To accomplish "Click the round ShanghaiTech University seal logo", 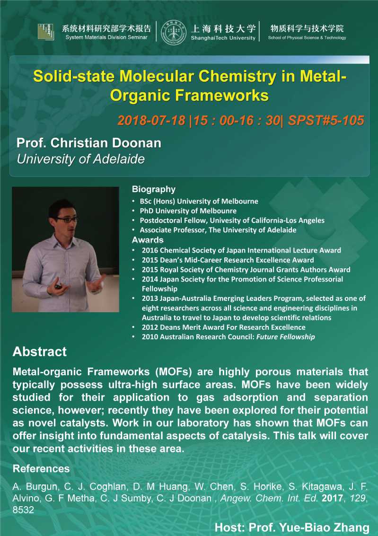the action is (174, 32).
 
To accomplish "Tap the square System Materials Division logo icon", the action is (46, 32).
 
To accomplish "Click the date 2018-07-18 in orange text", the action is (151, 120).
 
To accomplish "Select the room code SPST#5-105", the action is (326, 120).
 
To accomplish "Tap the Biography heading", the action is (154, 189).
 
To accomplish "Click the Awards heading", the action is (148, 240).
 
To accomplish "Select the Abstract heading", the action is (40, 351).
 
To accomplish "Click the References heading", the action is (41, 468).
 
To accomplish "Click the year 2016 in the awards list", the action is (150, 250).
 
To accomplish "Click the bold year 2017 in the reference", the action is (333, 498).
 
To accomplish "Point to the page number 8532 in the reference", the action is (23, 510).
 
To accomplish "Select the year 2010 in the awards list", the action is (150, 337).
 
